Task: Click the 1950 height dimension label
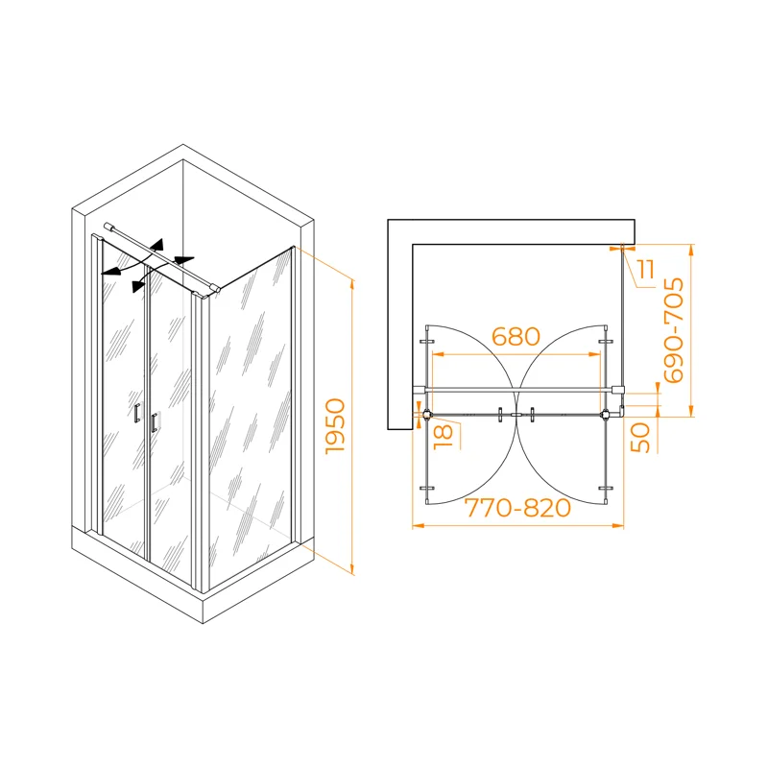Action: point(335,426)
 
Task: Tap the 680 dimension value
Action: point(516,337)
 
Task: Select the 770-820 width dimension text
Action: point(517,508)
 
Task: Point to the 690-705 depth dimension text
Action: point(674,330)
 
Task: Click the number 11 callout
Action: point(646,270)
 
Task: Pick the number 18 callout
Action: point(444,437)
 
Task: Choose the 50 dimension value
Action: point(640,438)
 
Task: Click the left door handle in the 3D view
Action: point(137,414)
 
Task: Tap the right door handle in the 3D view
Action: point(155,422)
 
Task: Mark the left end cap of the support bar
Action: point(108,226)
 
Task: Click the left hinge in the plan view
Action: point(427,415)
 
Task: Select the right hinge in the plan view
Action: point(606,415)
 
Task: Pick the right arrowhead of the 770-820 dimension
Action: point(618,525)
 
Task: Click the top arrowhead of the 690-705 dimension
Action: point(690,250)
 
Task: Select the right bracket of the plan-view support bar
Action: point(617,390)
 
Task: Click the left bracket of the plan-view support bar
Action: point(420,390)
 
